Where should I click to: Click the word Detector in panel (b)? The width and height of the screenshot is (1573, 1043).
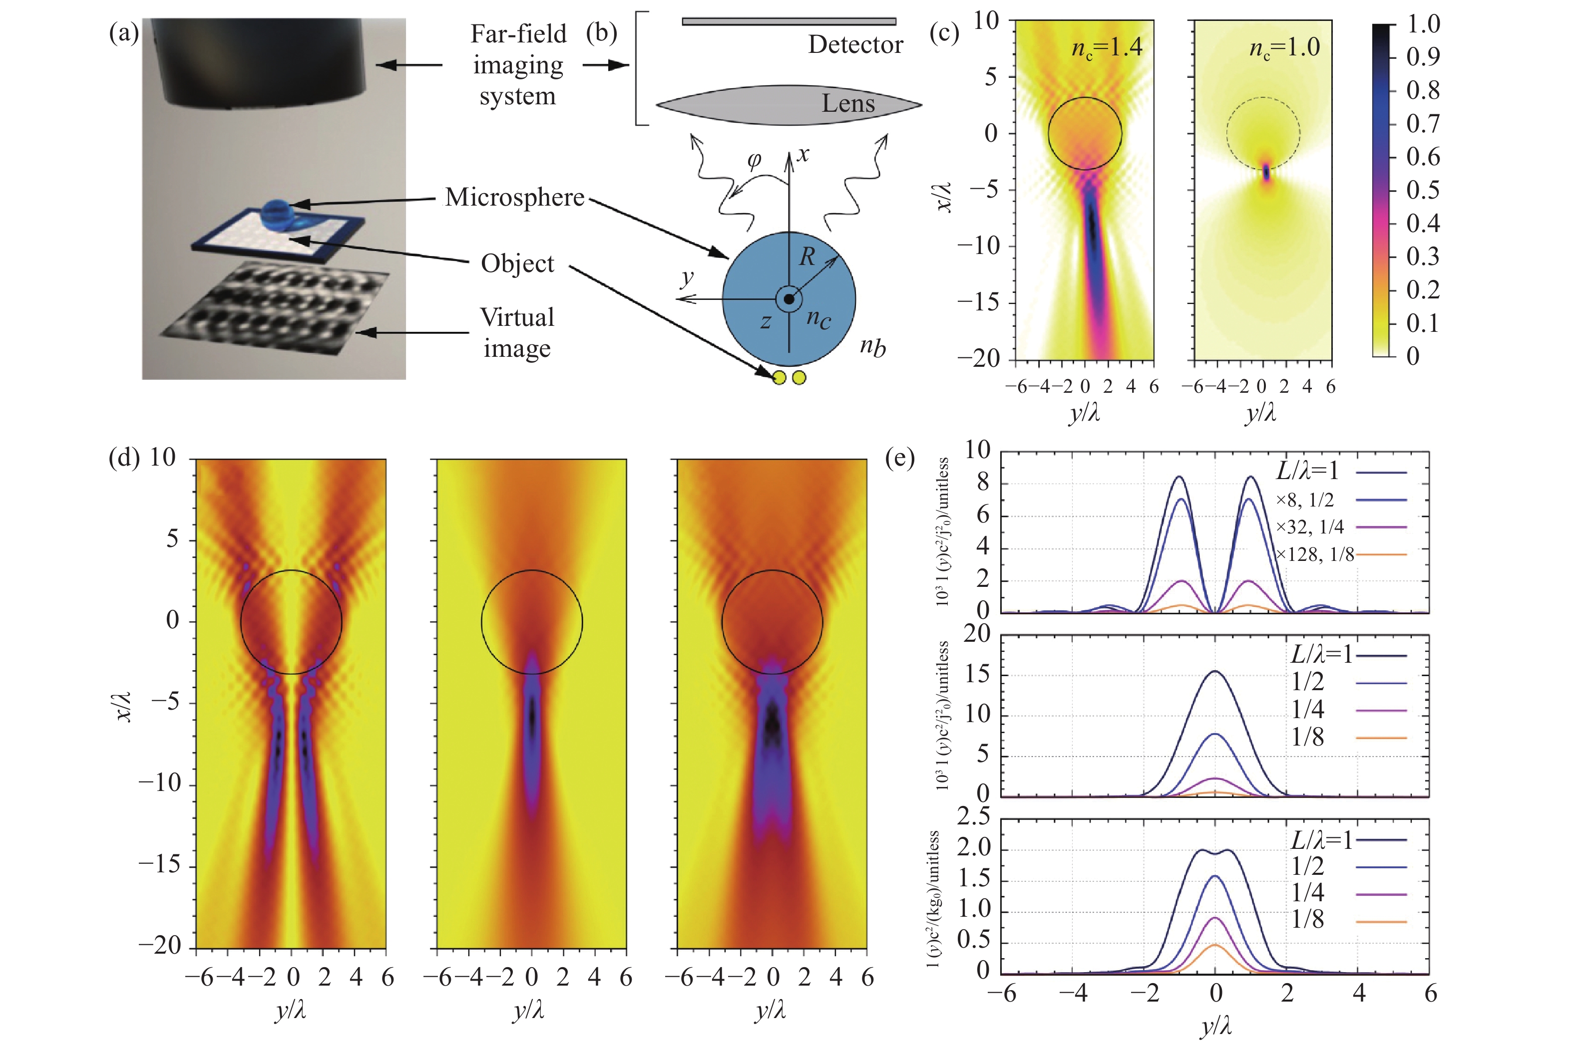(855, 44)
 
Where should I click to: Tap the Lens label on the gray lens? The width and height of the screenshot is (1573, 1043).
(848, 103)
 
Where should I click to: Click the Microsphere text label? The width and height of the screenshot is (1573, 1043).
(514, 197)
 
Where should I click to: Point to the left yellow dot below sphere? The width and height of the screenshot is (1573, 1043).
(779, 378)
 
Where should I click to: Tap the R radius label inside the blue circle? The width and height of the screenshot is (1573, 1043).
(807, 256)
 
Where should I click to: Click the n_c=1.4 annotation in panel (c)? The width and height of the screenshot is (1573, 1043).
(1107, 48)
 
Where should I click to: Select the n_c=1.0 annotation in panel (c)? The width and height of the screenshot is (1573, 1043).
(1284, 48)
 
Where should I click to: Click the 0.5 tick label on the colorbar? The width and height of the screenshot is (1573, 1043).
(1423, 190)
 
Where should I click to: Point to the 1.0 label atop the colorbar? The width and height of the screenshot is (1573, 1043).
(1423, 24)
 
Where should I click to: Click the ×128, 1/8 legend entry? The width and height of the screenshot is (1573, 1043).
(1315, 554)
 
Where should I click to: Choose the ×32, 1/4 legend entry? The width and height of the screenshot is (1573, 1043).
(1309, 527)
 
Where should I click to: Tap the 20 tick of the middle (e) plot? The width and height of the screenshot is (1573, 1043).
(977, 634)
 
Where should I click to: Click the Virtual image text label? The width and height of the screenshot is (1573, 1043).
(517, 332)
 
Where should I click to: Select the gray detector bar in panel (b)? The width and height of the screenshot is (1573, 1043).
(788, 21)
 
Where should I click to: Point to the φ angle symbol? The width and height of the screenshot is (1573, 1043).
(754, 160)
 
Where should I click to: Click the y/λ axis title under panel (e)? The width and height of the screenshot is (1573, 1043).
(1215, 1027)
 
